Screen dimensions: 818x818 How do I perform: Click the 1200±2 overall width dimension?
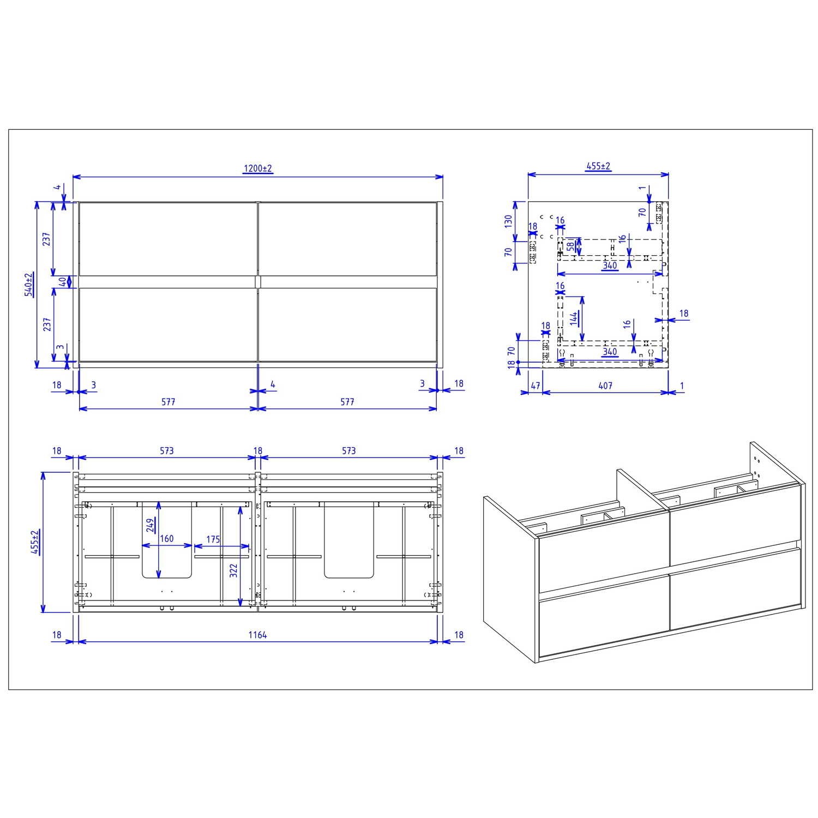point(257,169)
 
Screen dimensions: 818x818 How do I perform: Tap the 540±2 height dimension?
point(28,285)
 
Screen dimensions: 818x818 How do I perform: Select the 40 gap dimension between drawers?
point(63,282)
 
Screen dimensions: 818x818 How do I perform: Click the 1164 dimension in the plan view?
point(257,635)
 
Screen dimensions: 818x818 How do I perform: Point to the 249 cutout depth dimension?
point(150,525)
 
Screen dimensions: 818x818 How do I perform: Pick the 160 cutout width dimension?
point(166,539)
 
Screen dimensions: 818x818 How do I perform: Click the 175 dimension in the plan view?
point(213,539)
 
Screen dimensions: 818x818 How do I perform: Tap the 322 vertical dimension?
point(233,570)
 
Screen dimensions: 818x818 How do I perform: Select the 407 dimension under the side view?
point(605,386)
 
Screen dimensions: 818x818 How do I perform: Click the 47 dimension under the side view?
point(535,386)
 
